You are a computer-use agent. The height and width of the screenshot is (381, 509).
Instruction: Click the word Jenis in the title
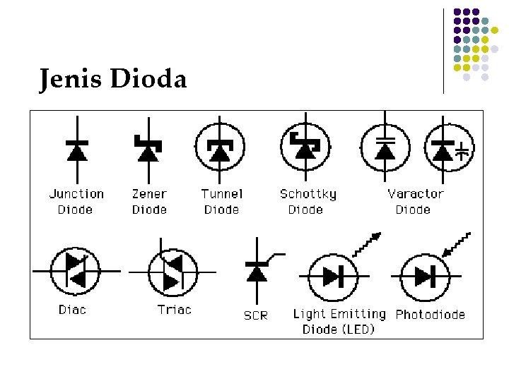point(71,79)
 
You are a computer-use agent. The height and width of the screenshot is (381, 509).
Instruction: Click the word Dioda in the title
point(148,79)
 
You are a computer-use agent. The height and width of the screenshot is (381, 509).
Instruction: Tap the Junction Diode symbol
point(76,150)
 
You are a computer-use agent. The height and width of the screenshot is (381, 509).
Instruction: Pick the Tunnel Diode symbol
point(219,149)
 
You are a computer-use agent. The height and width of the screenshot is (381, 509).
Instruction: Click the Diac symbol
point(76,271)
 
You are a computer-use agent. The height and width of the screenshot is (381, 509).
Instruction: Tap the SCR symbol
point(256,270)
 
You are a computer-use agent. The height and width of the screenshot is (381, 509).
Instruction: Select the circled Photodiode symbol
point(425,276)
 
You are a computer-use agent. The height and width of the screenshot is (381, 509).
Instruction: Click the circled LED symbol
point(329,276)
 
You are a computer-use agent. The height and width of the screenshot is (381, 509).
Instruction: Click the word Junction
point(76,193)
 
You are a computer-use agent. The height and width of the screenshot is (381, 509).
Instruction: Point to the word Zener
point(149,193)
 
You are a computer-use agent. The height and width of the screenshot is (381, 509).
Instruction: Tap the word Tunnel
point(221,193)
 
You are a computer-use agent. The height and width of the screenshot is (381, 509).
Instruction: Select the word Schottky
point(308,193)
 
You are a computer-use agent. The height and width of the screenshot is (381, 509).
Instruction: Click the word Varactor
point(416,193)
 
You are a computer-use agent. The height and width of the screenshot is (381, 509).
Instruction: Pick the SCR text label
point(256,315)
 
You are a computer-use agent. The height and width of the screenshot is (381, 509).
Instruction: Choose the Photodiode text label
point(431,314)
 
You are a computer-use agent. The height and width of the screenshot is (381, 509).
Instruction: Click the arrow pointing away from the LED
point(366,244)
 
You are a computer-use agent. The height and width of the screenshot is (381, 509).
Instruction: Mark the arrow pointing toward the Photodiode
point(456,243)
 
